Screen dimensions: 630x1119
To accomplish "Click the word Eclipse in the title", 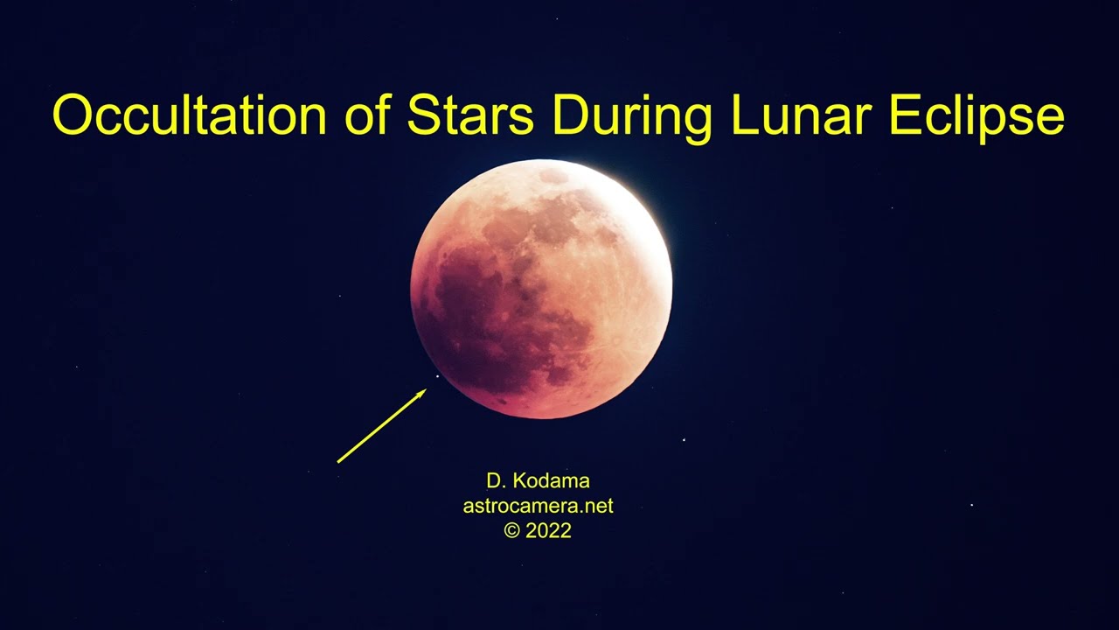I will coord(977,115).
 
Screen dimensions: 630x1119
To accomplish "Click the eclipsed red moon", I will coord(541,289).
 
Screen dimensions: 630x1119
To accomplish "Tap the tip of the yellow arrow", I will coord(426,390).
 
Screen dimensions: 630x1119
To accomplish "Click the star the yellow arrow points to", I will coord(438,377).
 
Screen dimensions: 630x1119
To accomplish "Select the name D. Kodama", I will coord(538,480).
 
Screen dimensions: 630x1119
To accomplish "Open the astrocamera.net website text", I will coord(538,506).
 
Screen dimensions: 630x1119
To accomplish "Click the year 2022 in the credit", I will coord(549,530).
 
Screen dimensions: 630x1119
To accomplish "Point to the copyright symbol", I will coord(511,530).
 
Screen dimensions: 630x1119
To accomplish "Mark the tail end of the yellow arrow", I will coord(338,461).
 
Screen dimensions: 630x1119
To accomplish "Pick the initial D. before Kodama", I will coord(496,480).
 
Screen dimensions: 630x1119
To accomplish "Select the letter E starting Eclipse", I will coord(903,115).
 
